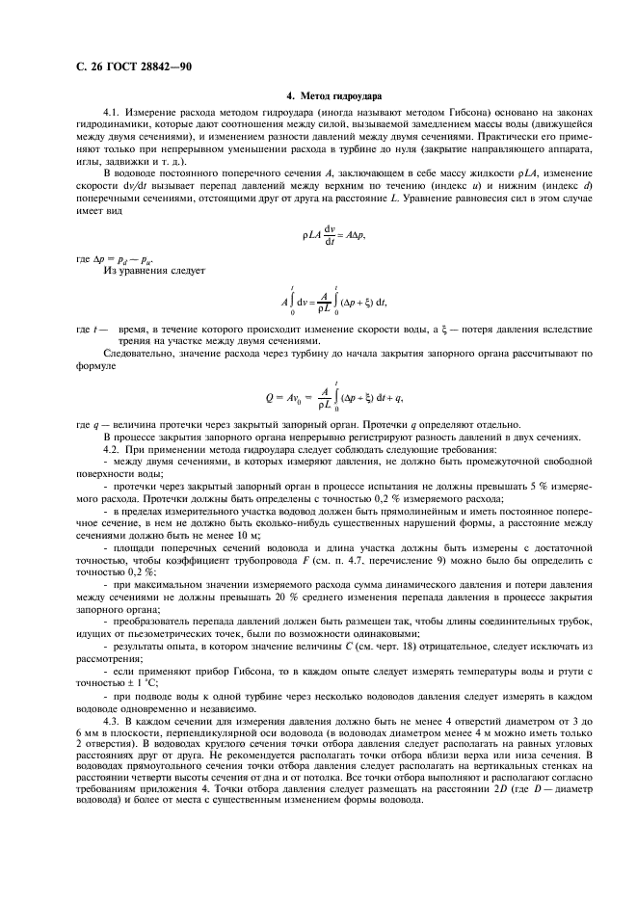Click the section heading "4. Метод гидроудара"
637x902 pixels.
click(334, 97)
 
